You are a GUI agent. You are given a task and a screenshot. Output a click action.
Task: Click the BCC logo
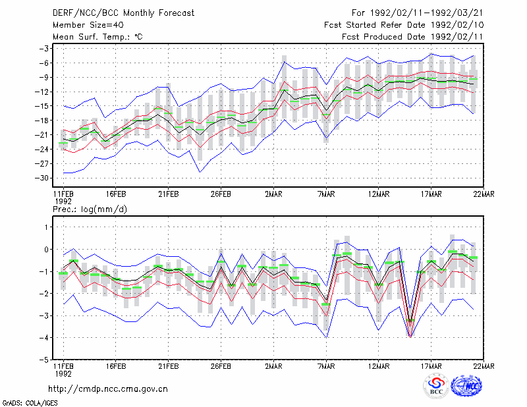(x=436, y=387)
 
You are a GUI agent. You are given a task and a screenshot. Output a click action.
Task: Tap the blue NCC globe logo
(x=466, y=386)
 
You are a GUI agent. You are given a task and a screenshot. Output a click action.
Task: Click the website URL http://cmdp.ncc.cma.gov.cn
(x=108, y=389)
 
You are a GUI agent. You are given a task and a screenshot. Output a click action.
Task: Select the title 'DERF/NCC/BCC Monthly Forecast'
(x=123, y=13)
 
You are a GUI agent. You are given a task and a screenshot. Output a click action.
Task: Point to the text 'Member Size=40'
(x=88, y=25)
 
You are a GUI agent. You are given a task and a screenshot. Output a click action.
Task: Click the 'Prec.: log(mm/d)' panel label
(x=90, y=209)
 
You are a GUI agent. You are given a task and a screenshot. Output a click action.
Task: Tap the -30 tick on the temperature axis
(x=42, y=178)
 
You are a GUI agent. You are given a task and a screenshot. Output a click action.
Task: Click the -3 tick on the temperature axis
(x=44, y=48)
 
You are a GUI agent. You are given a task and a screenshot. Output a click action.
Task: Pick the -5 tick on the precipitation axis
(x=44, y=360)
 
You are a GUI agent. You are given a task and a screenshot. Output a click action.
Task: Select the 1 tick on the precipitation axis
(x=47, y=227)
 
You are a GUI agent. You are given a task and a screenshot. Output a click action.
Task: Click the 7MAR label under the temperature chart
(x=326, y=194)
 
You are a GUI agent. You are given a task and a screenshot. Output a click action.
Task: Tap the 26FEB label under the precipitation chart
(x=221, y=366)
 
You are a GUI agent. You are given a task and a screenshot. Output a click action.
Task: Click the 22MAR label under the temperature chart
(x=484, y=194)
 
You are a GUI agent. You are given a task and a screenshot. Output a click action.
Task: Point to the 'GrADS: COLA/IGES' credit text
(x=30, y=403)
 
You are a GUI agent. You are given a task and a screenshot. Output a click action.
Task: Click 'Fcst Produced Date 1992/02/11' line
(x=412, y=37)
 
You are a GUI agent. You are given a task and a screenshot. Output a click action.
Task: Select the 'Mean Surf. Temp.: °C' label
(x=97, y=37)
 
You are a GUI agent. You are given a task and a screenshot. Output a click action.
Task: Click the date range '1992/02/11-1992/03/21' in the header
(x=426, y=13)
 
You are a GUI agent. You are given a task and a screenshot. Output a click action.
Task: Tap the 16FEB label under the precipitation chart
(x=116, y=366)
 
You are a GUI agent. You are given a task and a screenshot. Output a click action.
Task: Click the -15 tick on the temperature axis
(x=42, y=106)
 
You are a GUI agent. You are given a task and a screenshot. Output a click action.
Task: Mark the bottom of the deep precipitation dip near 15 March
(x=410, y=337)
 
